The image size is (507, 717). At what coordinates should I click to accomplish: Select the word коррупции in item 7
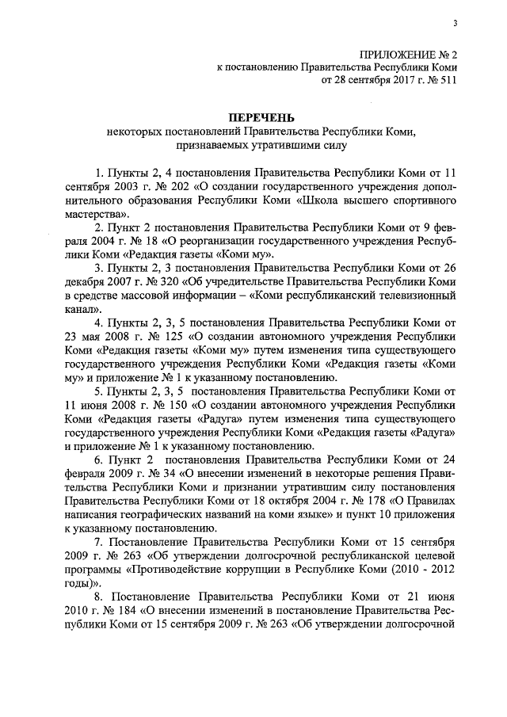click(x=248, y=570)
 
